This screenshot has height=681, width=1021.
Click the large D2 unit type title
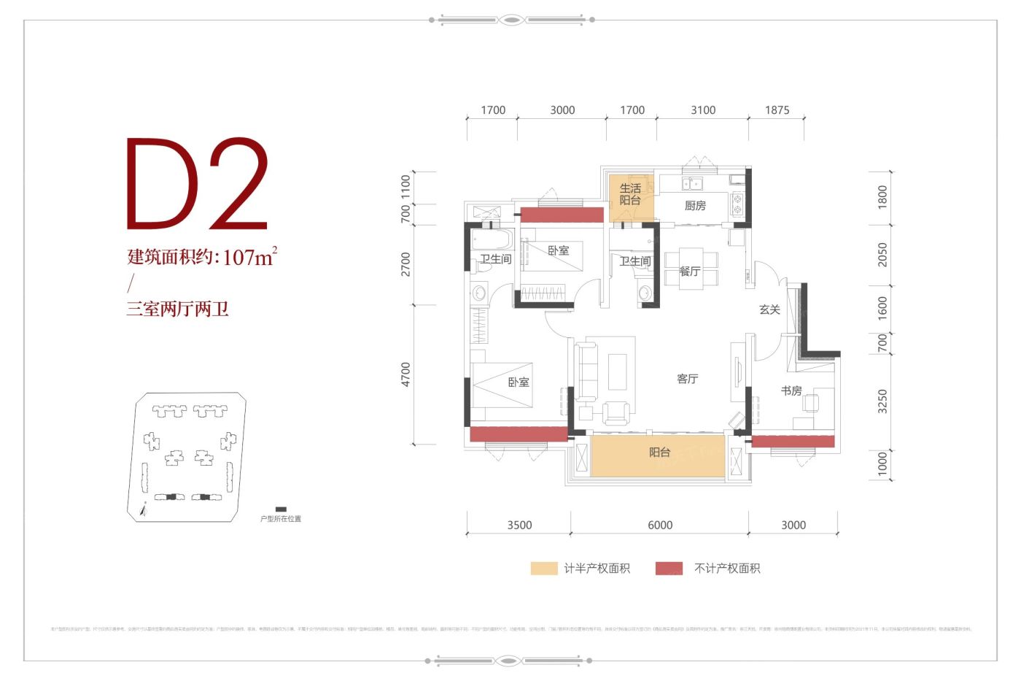click(197, 184)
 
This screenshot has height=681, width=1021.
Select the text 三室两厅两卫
click(178, 309)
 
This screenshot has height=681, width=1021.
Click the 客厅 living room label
click(687, 379)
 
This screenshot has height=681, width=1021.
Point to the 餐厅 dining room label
click(689, 272)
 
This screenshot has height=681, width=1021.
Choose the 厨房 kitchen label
click(695, 206)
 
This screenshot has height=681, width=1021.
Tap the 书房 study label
click(791, 390)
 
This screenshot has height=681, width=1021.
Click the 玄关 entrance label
click(769, 309)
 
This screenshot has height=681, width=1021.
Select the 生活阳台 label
click(630, 194)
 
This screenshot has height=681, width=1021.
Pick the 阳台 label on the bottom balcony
click(659, 453)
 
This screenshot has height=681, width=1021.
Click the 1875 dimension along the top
click(777, 110)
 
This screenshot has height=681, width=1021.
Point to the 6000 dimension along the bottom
click(660, 525)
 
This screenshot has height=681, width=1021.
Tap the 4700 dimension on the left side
click(405, 374)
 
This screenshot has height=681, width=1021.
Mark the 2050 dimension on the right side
click(882, 255)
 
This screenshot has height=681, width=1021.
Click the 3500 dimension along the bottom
click(519, 525)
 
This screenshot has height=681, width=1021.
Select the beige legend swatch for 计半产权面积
click(544, 569)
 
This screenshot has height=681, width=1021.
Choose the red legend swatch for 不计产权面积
click(669, 569)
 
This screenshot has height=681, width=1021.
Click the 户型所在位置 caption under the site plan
click(281, 519)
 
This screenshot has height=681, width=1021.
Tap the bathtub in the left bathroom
click(492, 240)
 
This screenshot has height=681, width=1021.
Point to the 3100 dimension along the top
click(703, 110)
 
